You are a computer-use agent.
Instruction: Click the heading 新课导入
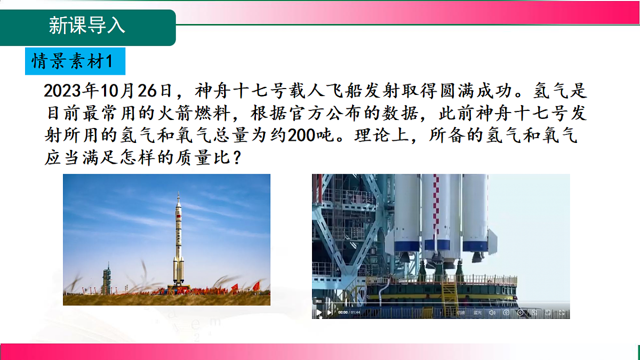click(87, 26)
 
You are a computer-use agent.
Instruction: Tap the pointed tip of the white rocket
click(178, 194)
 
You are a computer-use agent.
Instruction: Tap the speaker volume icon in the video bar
click(492, 313)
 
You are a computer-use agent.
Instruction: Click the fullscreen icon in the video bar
click(562, 313)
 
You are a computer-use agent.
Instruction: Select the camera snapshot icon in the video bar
click(506, 313)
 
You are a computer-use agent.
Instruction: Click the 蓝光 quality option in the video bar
click(477, 313)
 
